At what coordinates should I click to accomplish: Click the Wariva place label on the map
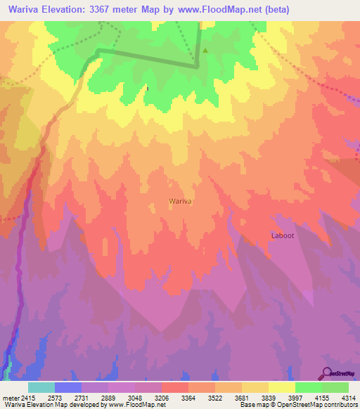click(181, 201)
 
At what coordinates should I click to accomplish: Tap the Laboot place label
click(282, 235)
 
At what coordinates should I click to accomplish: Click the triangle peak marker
click(205, 51)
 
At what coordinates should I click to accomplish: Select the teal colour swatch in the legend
click(41, 387)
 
